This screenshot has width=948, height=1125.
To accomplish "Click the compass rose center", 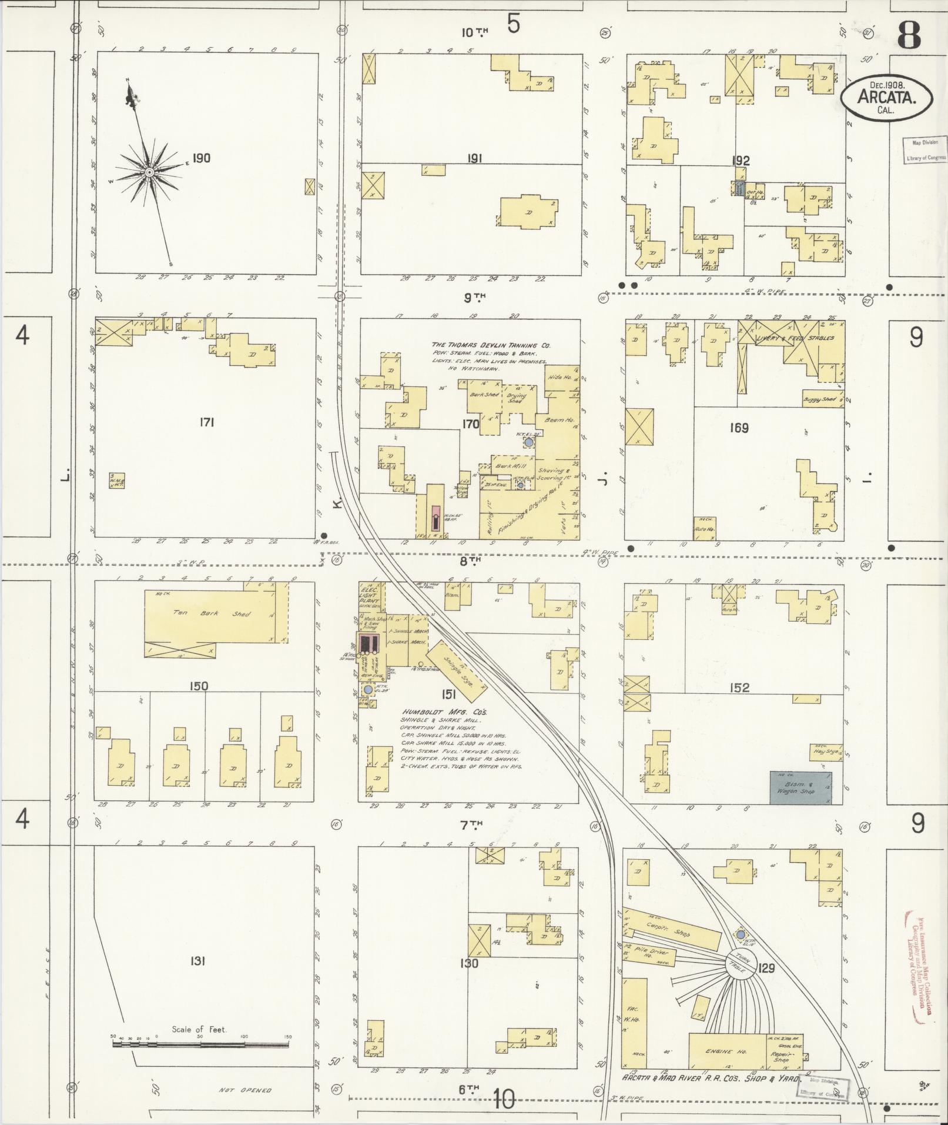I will pos(149,172).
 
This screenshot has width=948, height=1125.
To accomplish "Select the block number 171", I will pos(205,422).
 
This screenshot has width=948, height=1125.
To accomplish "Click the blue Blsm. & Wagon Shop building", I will pos(800,787).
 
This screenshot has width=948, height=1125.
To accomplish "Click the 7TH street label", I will pos(471,825).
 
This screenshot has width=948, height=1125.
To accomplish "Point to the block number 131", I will pos(197,961).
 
